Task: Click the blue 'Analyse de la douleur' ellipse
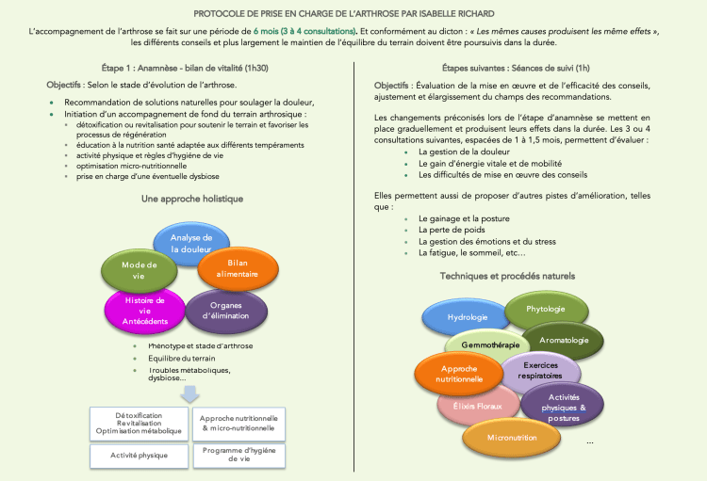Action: pos(192,243)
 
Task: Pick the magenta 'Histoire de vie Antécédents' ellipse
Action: pos(144,311)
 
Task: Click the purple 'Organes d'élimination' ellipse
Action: pos(225,310)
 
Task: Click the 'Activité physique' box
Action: pos(140,456)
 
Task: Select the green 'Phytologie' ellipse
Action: pos(547,309)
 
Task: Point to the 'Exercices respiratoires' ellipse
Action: pos(540,370)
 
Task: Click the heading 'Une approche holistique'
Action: pos(191,200)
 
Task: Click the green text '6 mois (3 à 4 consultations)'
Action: pos(304,31)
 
